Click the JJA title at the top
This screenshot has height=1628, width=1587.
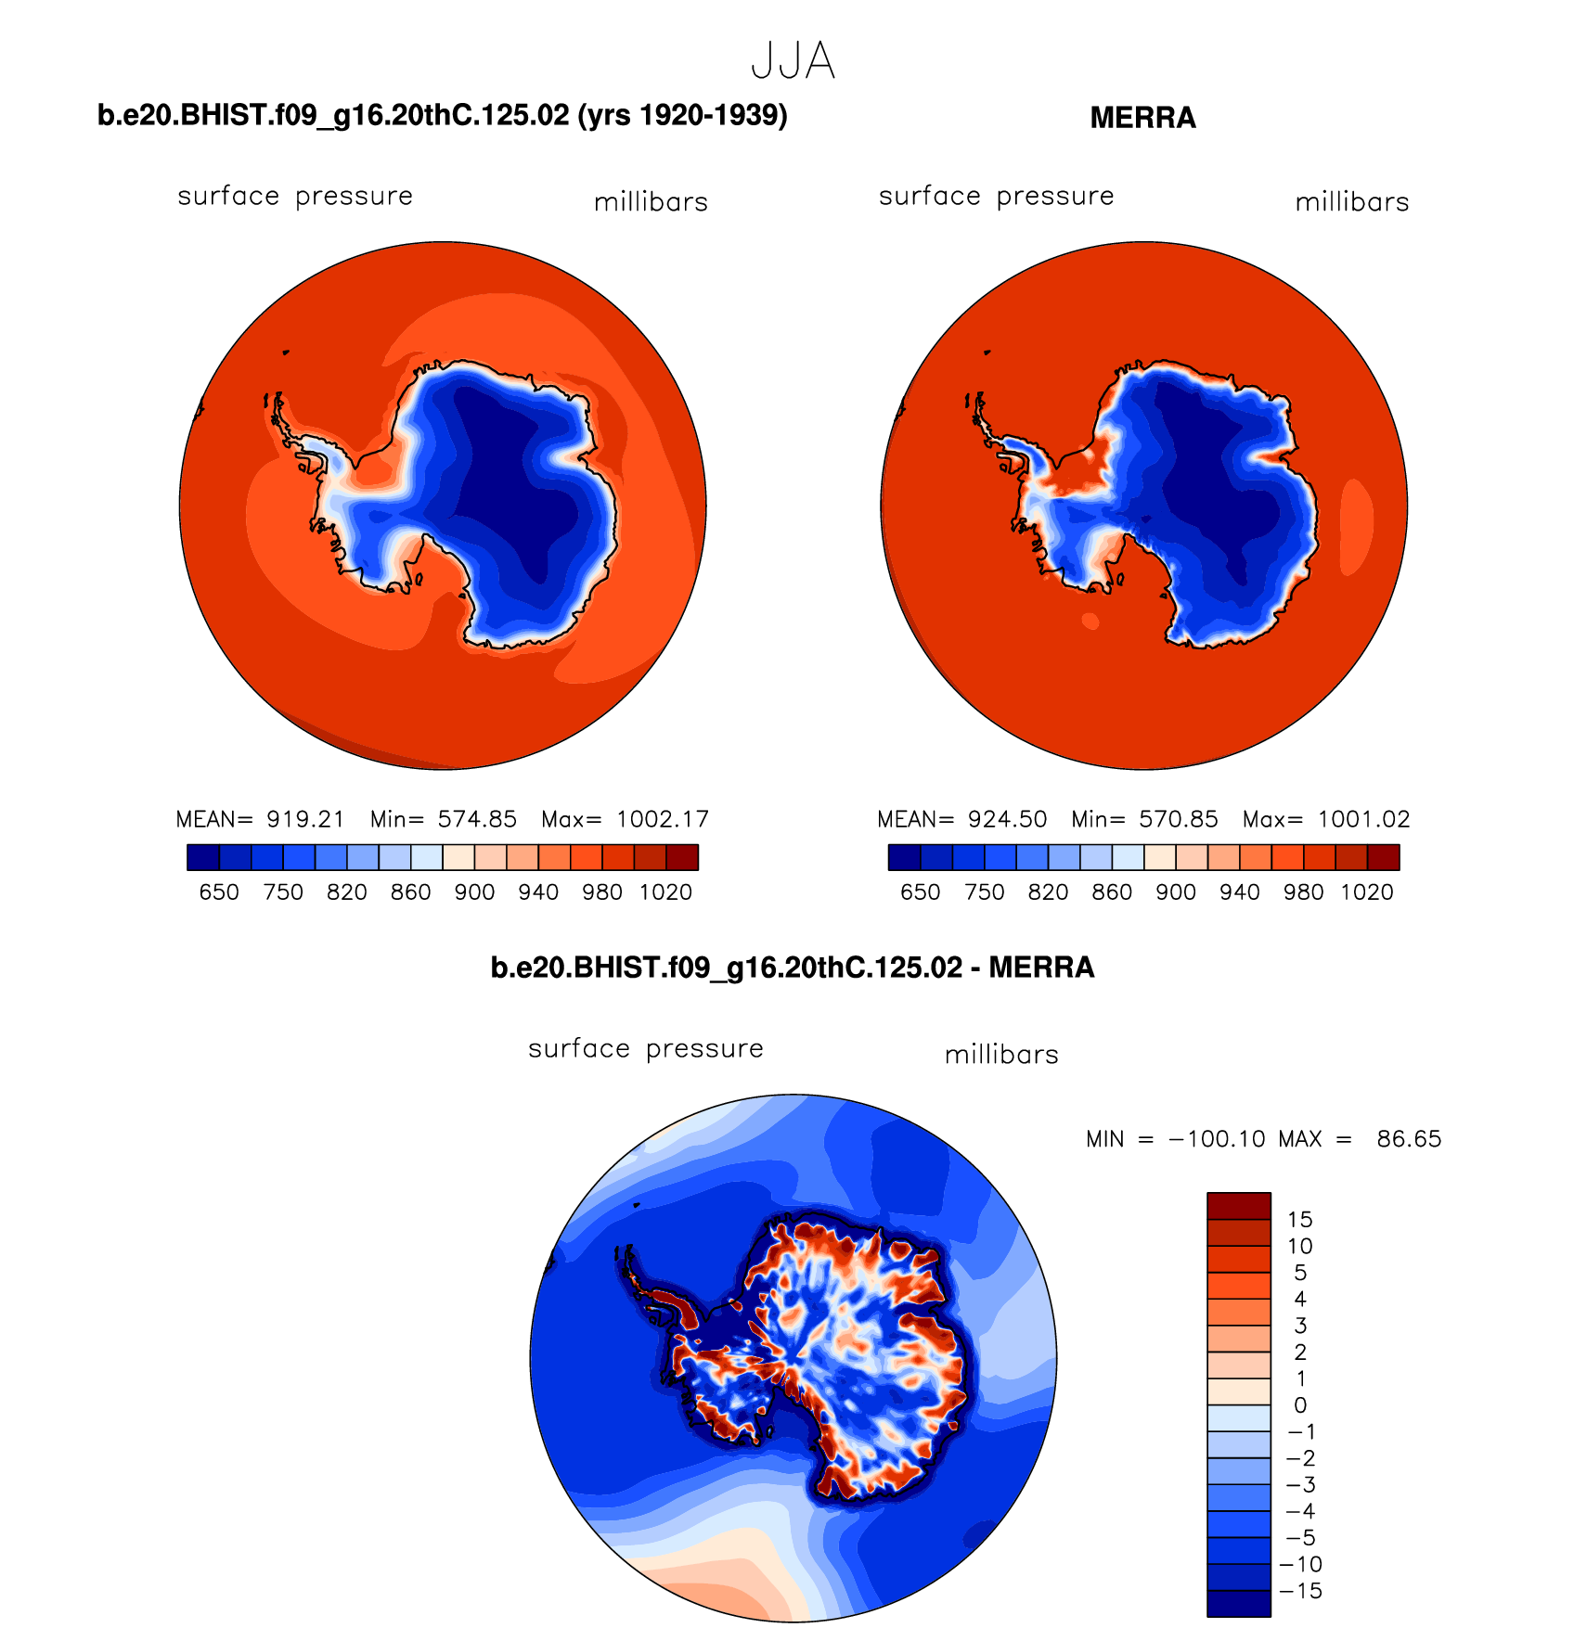pyautogui.click(x=793, y=61)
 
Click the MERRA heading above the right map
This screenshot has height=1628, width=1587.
pyautogui.click(x=1142, y=118)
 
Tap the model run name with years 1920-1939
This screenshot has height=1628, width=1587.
pyautogui.click(x=442, y=115)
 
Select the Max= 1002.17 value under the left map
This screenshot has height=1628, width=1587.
pyautogui.click(x=626, y=819)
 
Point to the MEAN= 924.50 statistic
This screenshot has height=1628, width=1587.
pyautogui.click(x=961, y=819)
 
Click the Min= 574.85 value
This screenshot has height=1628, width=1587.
pyautogui.click(x=443, y=819)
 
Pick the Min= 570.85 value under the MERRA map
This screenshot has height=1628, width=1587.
pyautogui.click(x=1144, y=819)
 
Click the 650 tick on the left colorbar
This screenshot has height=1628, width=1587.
pyautogui.click(x=219, y=892)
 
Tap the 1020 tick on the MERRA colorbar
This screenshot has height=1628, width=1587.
pyautogui.click(x=1366, y=892)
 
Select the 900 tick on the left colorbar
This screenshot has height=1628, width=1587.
pyautogui.click(x=474, y=892)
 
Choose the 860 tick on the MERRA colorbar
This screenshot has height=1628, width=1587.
pyautogui.click(x=1112, y=892)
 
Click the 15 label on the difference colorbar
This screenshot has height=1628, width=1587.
pyautogui.click(x=1299, y=1220)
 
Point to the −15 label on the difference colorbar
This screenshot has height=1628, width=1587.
pyautogui.click(x=1300, y=1591)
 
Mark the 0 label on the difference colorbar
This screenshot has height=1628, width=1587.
pyautogui.click(x=1300, y=1405)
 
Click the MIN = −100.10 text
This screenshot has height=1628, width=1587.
pyautogui.click(x=1175, y=1139)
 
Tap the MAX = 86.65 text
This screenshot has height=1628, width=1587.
pyautogui.click(x=1360, y=1139)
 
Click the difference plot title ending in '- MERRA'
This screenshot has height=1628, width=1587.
pyautogui.click(x=793, y=968)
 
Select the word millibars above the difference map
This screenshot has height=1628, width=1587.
pyautogui.click(x=1001, y=1055)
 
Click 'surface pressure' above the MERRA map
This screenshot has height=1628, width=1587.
pyautogui.click(x=996, y=197)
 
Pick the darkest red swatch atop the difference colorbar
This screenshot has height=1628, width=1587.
pyautogui.click(x=1238, y=1206)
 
